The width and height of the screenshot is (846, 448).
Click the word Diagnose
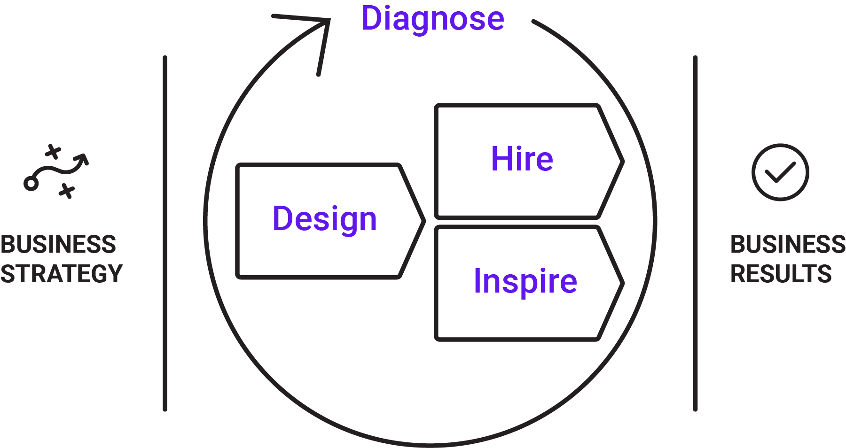[432, 19]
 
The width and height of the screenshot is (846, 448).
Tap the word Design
[325, 219]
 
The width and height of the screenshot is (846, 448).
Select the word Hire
[522, 159]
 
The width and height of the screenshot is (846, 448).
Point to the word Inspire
[525, 281]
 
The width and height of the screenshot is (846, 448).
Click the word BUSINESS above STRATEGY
[58, 244]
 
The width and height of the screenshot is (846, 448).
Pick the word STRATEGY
[61, 274]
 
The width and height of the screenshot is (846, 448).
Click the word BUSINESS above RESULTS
[788, 244]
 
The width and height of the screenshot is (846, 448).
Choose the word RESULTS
[781, 274]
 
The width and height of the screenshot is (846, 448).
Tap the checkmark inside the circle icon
[780, 172]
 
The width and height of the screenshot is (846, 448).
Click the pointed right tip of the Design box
[423, 221]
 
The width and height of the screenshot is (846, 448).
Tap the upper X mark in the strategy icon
[53, 152]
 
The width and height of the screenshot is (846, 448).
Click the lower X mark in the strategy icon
[67, 191]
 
